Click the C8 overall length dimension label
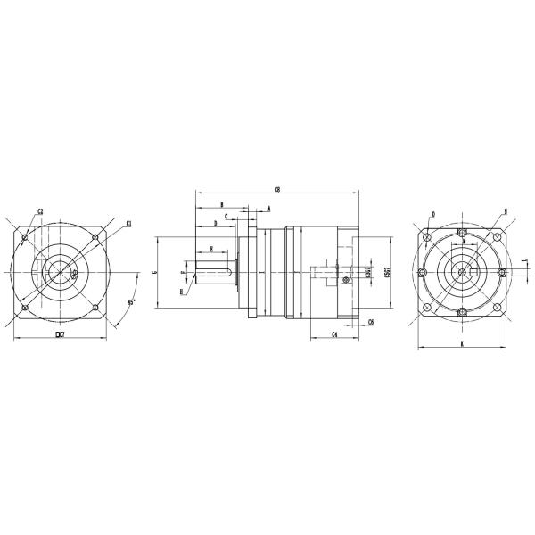tap(277, 189)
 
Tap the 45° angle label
tap(131, 302)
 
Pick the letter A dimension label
tap(268, 209)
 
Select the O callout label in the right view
tap(432, 214)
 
